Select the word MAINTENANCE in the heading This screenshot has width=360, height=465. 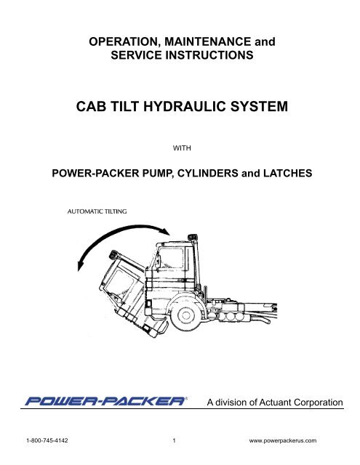tap(208, 41)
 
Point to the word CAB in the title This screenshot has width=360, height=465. tap(91, 107)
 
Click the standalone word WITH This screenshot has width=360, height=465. tap(182, 148)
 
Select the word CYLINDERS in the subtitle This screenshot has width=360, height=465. tap(208, 173)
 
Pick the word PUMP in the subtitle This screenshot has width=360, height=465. tap(159, 174)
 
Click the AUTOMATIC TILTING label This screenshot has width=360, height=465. tap(97, 211)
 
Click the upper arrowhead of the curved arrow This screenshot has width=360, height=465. tap(165, 230)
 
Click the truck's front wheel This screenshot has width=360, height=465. tap(185, 315)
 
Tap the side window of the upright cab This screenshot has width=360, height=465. tap(170, 259)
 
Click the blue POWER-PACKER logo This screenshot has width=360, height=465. tap(106, 401)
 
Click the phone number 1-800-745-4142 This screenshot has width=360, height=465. tap(47, 440)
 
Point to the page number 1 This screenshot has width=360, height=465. tap(175, 440)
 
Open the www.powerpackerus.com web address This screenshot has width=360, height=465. tap(282, 441)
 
